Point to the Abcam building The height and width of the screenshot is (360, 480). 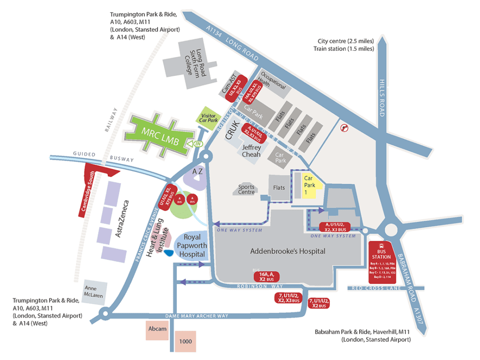tap(157, 329)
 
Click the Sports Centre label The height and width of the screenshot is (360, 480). tap(247, 189)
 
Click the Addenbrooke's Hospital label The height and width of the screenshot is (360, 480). tap(287, 251)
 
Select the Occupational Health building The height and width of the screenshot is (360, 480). tap(272, 84)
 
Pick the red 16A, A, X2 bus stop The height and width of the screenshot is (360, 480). tap(266, 276)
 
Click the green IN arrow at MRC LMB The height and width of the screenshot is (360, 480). tap(192, 144)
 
